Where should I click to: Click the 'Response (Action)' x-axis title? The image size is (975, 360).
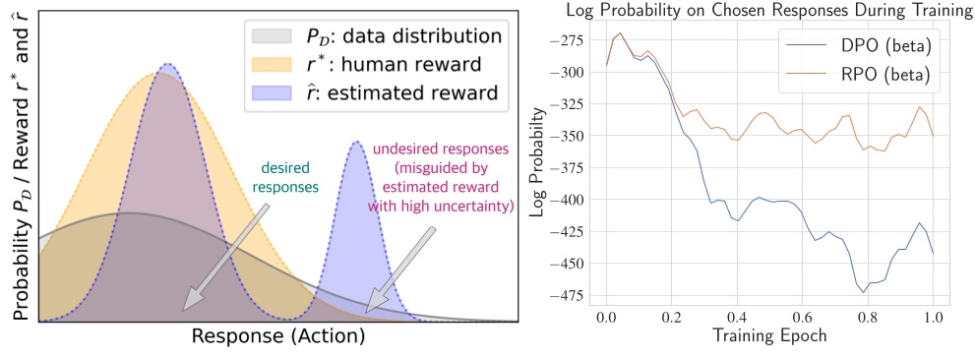click(278, 335)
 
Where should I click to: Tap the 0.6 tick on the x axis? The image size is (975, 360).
click(803, 319)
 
